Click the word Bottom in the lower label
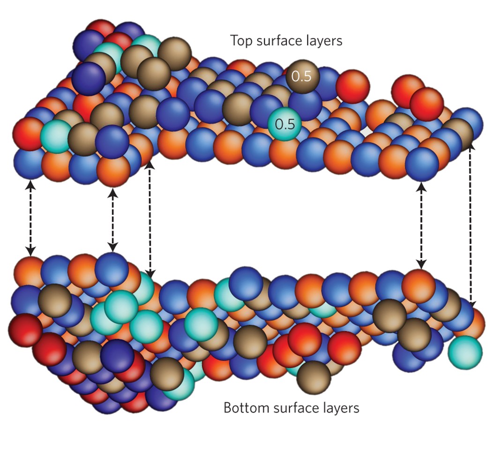(244, 407)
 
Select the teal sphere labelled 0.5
(284, 124)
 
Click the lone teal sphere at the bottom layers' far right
(464, 352)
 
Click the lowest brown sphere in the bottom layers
(313, 375)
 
